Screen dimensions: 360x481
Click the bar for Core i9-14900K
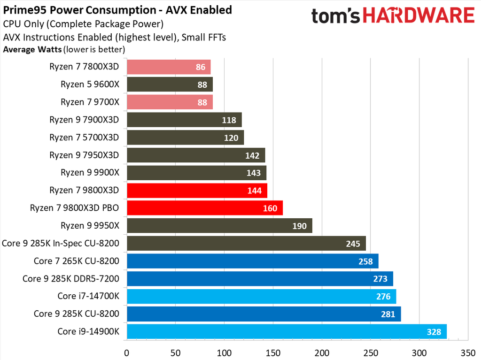(x=286, y=332)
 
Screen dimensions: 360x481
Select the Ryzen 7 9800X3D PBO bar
(x=204, y=208)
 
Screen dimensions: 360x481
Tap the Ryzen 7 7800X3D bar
(x=168, y=67)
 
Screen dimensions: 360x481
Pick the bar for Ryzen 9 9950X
(x=219, y=226)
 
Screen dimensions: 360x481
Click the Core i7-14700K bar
(x=261, y=297)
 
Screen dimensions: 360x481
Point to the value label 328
(x=434, y=332)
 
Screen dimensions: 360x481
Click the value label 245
(x=353, y=244)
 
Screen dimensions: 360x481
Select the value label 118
(x=229, y=120)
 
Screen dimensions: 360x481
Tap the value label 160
(x=270, y=208)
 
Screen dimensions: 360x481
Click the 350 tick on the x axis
(x=468, y=352)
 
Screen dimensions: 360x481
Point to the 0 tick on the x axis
(x=126, y=352)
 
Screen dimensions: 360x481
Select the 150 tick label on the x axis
(x=273, y=352)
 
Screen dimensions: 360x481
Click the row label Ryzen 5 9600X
(x=90, y=84)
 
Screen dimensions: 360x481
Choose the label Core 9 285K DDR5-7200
(x=71, y=279)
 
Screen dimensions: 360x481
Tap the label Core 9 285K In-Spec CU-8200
(x=61, y=243)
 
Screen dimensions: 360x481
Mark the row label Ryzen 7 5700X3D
(x=85, y=138)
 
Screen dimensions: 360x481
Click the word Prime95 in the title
(x=23, y=10)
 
